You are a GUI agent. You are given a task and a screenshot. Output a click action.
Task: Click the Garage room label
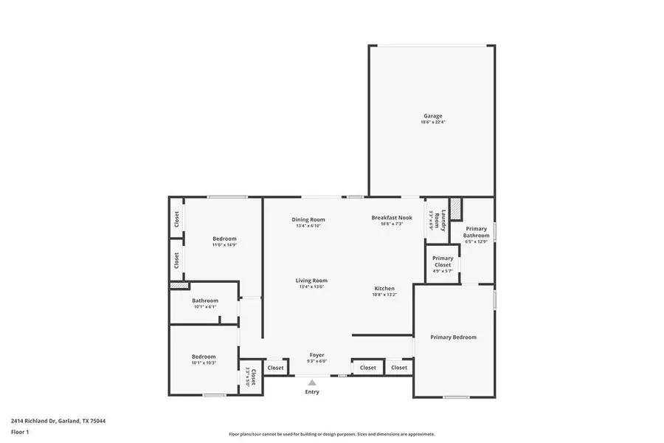(433, 116)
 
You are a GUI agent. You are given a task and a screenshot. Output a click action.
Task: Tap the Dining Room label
(309, 219)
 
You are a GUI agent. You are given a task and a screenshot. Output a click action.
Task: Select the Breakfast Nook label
(391, 218)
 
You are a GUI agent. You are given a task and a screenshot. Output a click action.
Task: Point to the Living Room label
(311, 281)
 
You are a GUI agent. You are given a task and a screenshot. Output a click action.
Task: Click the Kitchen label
(384, 289)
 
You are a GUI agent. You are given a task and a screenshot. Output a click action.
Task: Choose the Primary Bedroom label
(453, 337)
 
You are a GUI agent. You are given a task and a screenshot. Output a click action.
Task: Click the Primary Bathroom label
(476, 233)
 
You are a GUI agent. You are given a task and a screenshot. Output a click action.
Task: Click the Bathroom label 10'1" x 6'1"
(205, 301)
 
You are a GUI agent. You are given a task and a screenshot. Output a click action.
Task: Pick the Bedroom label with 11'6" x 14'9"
(224, 238)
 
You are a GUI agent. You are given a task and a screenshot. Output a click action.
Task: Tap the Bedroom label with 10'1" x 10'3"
(204, 357)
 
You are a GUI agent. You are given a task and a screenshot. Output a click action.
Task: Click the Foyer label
(317, 356)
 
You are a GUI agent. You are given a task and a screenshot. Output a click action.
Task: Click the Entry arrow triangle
(312, 382)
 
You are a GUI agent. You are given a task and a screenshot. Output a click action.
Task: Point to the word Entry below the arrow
(312, 392)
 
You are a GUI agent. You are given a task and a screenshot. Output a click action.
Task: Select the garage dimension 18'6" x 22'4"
(433, 122)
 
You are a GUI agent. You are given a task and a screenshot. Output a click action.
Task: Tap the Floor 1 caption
(20, 431)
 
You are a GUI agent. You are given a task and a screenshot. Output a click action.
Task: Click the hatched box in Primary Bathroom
(456, 209)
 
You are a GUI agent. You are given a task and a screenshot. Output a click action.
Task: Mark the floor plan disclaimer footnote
(331, 434)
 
